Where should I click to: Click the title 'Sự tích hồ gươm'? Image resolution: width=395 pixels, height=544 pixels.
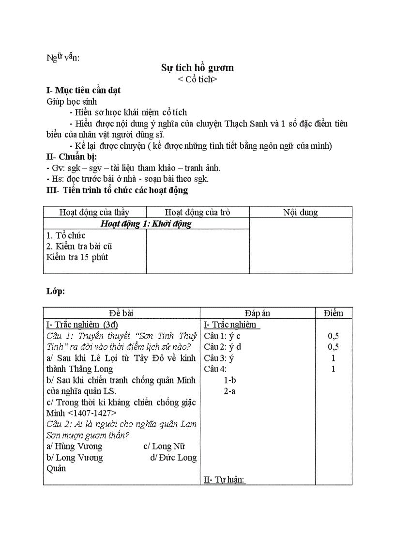197,68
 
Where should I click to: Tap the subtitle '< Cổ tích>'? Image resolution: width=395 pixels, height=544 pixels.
197,79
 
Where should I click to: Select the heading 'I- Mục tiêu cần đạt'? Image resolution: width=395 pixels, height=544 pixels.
83,90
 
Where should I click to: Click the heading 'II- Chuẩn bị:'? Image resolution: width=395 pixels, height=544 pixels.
71,156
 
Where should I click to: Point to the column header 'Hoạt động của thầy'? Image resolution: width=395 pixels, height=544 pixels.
94,212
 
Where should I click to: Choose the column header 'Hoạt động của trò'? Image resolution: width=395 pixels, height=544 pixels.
197,212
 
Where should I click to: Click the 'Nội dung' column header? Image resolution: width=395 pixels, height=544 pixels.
301,212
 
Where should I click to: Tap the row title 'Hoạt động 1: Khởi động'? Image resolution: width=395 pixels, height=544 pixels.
146,224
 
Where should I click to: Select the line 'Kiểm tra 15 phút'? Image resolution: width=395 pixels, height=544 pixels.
77,257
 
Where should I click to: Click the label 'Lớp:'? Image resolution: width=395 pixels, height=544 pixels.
56,291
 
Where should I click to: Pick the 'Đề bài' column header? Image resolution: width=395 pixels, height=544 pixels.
121,313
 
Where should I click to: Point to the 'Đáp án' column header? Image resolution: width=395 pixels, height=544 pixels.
257,313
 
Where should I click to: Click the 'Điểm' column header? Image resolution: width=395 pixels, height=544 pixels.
333,313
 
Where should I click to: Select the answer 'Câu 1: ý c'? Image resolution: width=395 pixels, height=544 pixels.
222,336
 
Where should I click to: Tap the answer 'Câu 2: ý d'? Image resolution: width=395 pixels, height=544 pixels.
223,347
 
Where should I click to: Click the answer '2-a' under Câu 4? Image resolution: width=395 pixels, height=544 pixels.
229,391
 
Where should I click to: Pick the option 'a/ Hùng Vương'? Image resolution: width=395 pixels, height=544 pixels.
74,446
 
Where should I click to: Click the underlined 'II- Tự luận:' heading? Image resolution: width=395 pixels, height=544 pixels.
224,480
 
